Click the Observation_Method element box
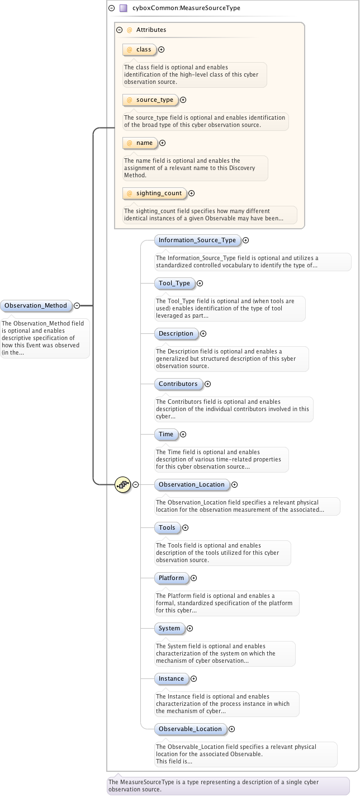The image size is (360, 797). click(36, 306)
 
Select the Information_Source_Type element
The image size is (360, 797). click(197, 240)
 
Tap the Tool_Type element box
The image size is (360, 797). click(174, 284)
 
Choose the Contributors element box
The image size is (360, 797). click(178, 384)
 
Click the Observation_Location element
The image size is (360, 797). click(191, 485)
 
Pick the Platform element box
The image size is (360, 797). click(171, 578)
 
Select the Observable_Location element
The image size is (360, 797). click(190, 729)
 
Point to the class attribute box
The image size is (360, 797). click(139, 50)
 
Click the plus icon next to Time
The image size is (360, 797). click(183, 435)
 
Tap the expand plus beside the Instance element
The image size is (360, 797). click(193, 679)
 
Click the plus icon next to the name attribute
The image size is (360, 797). click(162, 143)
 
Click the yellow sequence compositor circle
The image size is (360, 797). click(122, 485)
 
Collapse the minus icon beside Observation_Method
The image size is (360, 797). click(77, 306)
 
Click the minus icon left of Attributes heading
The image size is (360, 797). click(119, 30)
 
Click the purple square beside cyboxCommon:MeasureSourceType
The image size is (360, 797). click(124, 8)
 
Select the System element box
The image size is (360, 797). click(169, 629)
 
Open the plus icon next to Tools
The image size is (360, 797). click(185, 528)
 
